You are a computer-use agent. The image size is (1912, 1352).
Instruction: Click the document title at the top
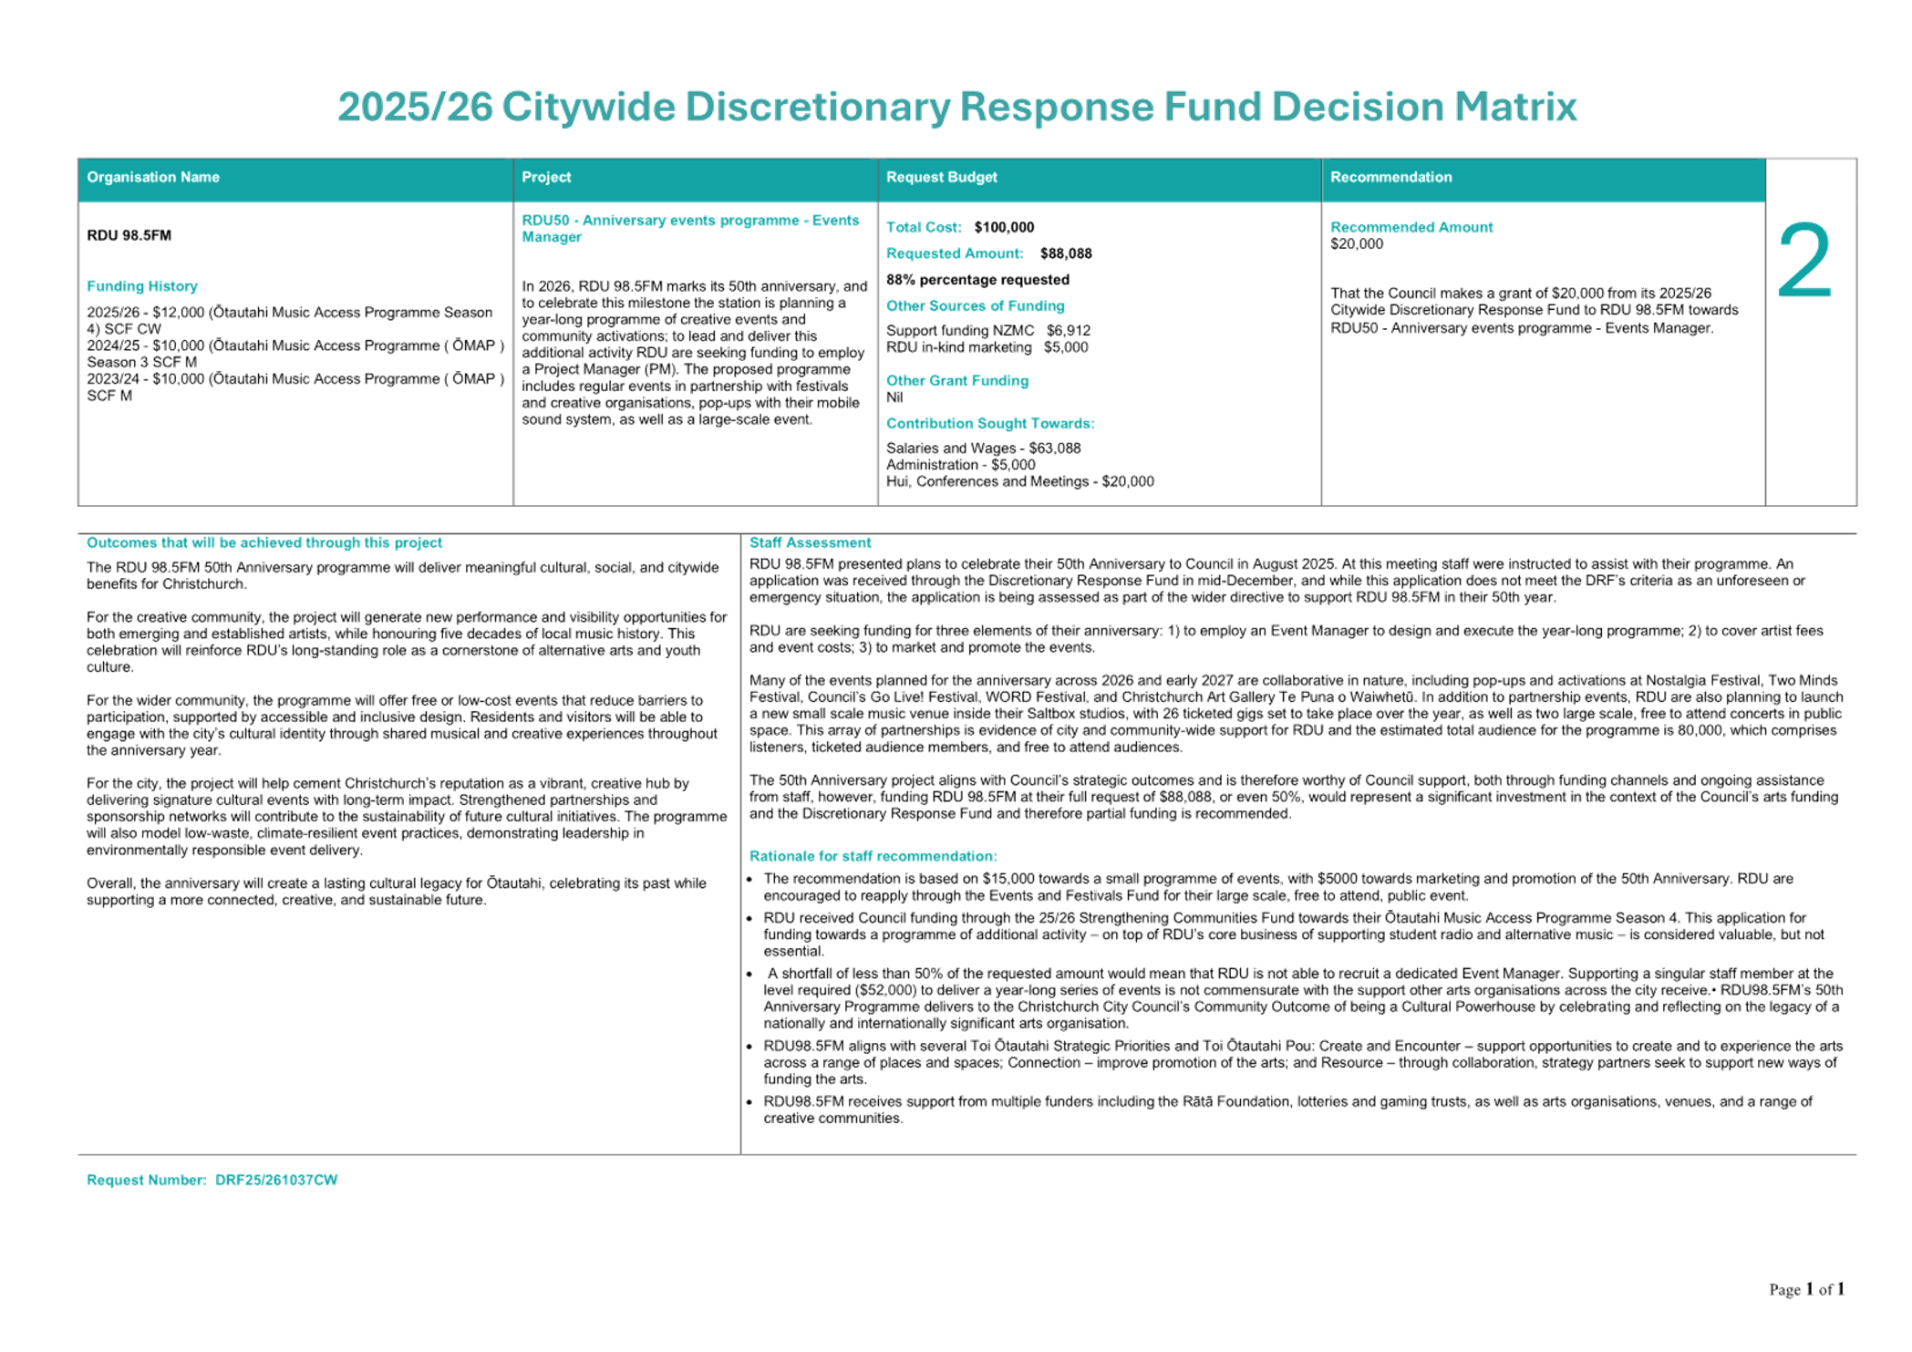956,108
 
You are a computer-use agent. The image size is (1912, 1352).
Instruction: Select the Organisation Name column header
153,177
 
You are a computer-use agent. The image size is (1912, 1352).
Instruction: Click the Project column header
546,177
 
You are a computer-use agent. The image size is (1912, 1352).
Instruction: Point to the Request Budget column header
941,177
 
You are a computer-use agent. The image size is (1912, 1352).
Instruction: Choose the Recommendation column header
1390,177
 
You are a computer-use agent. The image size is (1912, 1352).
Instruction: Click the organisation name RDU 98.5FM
129,235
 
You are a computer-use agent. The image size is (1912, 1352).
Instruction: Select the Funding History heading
142,286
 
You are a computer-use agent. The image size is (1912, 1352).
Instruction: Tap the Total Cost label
923,227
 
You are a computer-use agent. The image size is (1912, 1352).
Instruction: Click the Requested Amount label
954,253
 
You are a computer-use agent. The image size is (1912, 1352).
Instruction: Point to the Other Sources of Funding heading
975,306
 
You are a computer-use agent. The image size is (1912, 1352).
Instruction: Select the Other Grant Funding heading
957,380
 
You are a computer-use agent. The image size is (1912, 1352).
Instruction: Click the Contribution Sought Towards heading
990,423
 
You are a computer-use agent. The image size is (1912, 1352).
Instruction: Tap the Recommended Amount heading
1411,227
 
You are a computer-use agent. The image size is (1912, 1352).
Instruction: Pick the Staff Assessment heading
810,542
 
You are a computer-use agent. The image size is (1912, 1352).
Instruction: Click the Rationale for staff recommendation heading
873,856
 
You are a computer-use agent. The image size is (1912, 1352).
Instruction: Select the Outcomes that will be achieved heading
264,542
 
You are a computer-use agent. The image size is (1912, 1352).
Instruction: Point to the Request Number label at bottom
146,1180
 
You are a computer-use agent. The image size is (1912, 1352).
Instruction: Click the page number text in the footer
1806,1289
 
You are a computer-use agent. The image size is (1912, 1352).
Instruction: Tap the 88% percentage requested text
977,280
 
